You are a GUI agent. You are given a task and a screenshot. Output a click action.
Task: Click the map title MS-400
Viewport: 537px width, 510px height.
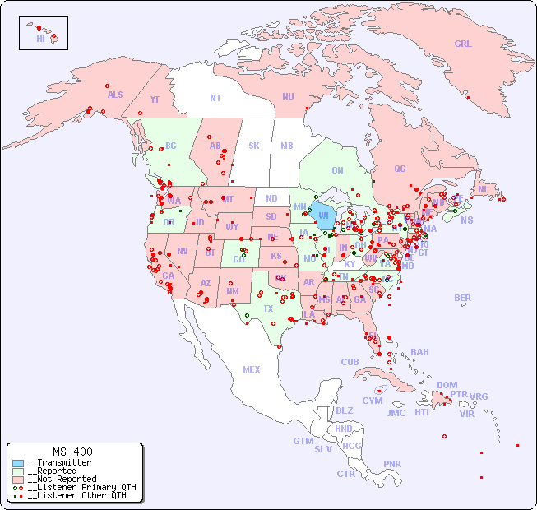(x=72, y=452)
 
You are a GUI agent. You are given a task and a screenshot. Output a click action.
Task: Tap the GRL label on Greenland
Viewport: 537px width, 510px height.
(x=463, y=44)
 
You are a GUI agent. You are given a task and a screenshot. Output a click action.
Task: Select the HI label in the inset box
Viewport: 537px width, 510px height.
(x=40, y=39)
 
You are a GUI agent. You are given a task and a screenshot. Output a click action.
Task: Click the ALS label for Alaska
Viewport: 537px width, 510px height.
(x=115, y=95)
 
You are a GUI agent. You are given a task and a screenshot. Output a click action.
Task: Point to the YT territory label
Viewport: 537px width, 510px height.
(x=155, y=100)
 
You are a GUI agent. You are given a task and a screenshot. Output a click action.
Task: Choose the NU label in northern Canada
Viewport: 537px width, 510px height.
(x=288, y=96)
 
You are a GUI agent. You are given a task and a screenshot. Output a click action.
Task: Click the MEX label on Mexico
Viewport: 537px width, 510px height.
(x=251, y=369)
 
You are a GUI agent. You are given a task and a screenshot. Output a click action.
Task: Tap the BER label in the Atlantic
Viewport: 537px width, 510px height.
(x=463, y=298)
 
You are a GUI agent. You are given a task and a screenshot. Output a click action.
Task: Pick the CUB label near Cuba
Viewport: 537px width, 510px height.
(x=350, y=362)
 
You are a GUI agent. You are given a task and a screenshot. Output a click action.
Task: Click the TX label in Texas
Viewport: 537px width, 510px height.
(x=268, y=308)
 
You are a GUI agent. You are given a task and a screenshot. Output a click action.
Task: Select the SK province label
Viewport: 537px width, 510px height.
(x=254, y=146)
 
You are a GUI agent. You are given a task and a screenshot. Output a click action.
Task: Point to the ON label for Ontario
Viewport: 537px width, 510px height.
(x=337, y=170)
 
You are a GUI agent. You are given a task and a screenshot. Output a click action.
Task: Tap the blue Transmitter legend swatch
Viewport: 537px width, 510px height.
(x=18, y=463)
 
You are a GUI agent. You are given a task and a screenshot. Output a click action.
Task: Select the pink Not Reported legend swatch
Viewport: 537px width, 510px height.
(x=18, y=479)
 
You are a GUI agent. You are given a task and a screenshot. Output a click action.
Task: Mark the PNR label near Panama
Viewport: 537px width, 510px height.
(x=392, y=464)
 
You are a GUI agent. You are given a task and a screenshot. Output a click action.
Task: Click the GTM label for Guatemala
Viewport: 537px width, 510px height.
(x=303, y=441)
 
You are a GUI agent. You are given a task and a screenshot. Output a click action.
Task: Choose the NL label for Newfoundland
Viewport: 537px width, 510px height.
(x=483, y=188)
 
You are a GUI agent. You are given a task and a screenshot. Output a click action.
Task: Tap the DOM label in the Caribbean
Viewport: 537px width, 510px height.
(x=447, y=385)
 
